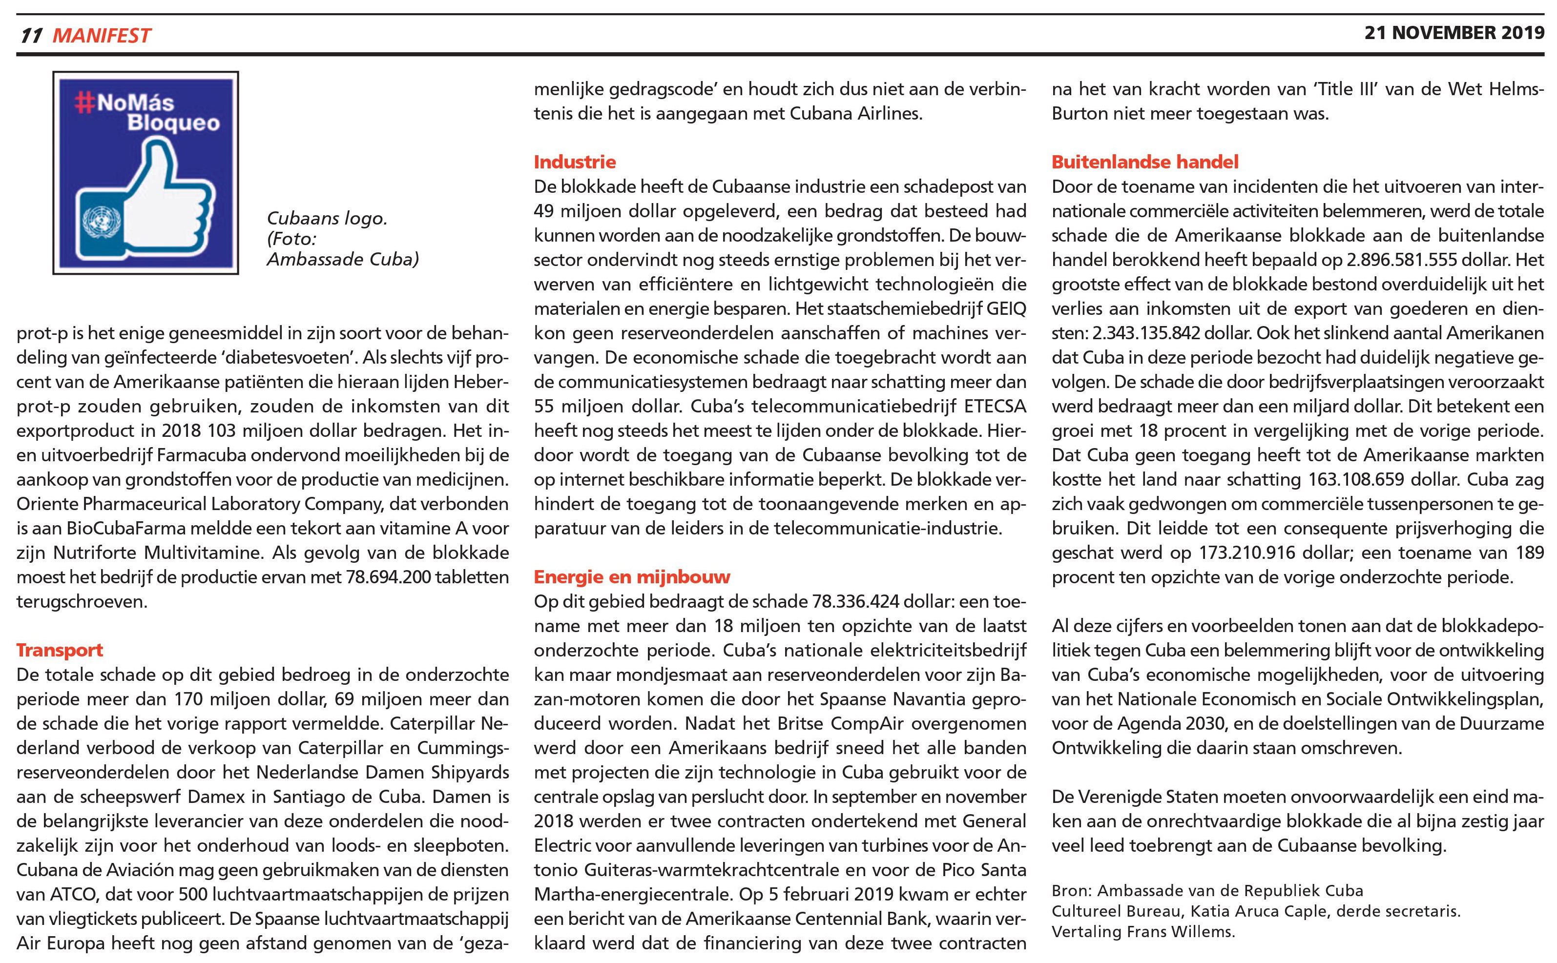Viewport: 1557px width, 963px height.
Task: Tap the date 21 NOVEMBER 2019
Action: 1454,33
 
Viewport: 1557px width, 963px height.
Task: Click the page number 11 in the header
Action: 31,36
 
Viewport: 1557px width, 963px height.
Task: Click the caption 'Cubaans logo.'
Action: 327,219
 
